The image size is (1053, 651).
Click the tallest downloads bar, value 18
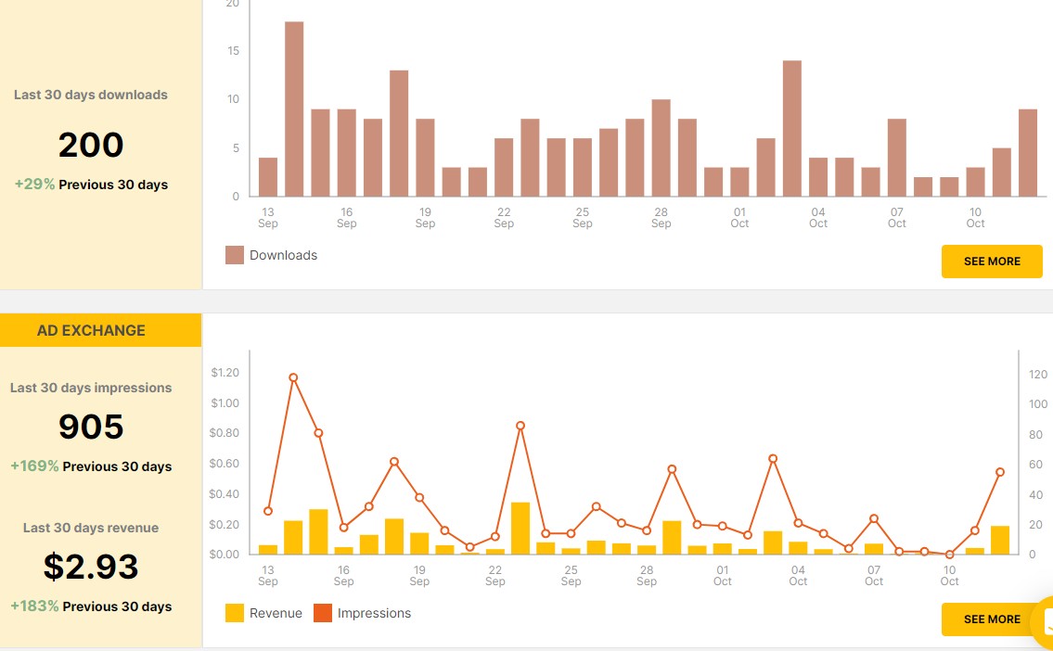click(x=294, y=108)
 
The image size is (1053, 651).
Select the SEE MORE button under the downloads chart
click(x=992, y=262)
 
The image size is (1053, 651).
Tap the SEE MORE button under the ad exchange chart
click(x=992, y=619)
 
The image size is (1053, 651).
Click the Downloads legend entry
click(x=272, y=255)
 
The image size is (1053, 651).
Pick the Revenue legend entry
click(x=264, y=613)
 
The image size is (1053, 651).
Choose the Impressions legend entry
click(x=363, y=613)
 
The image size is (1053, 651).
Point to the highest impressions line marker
click(x=293, y=377)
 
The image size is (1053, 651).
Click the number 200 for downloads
click(x=91, y=146)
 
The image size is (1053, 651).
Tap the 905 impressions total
click(x=91, y=427)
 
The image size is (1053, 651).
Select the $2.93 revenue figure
click(x=91, y=566)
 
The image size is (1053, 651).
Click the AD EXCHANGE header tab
click(x=91, y=330)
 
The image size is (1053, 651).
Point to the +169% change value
click(x=35, y=466)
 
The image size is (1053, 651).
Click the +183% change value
click(x=35, y=606)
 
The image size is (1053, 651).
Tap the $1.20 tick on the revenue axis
click(x=225, y=373)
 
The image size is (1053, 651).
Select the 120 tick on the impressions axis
click(x=1038, y=375)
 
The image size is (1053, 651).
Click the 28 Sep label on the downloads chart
click(x=661, y=218)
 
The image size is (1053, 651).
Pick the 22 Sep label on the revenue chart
click(x=495, y=576)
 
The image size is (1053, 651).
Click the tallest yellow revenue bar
click(x=520, y=528)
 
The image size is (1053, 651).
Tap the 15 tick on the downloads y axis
click(x=233, y=51)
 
